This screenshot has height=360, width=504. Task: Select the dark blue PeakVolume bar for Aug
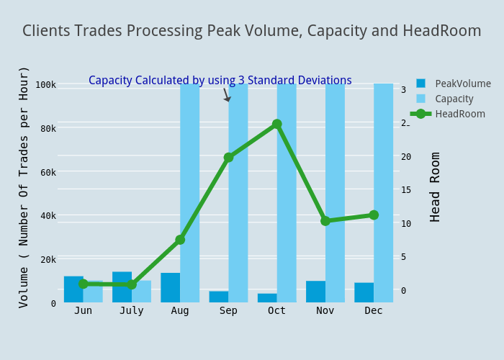click(170, 288)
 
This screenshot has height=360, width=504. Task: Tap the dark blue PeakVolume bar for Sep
click(218, 297)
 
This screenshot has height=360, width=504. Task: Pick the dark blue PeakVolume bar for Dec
click(364, 292)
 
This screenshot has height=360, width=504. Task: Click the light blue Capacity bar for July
click(142, 292)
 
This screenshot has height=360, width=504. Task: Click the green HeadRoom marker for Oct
click(276, 124)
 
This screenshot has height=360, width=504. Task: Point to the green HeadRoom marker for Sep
click(228, 157)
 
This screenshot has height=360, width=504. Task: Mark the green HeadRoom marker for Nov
click(325, 220)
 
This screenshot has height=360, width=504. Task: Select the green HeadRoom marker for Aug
click(180, 240)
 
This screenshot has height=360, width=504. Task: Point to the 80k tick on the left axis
click(45, 128)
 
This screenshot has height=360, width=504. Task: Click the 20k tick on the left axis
click(45, 259)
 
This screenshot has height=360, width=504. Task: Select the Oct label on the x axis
click(276, 310)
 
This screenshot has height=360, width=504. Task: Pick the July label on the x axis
click(131, 310)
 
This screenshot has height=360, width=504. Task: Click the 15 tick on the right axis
click(406, 190)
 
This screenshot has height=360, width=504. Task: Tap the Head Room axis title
click(435, 186)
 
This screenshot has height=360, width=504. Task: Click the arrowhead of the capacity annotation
click(228, 99)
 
